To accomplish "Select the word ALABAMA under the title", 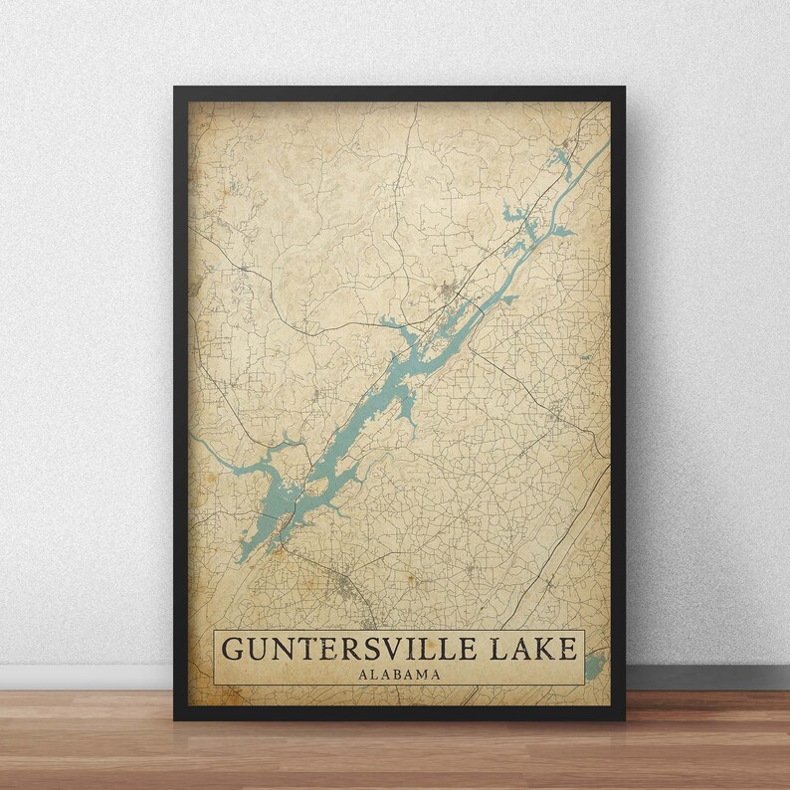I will [399, 674].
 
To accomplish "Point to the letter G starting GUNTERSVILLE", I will [231, 649].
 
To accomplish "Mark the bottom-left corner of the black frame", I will [176, 717].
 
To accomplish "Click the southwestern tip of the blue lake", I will [240, 559].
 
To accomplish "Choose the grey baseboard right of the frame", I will [706, 677].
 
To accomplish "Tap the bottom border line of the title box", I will [399, 685].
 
